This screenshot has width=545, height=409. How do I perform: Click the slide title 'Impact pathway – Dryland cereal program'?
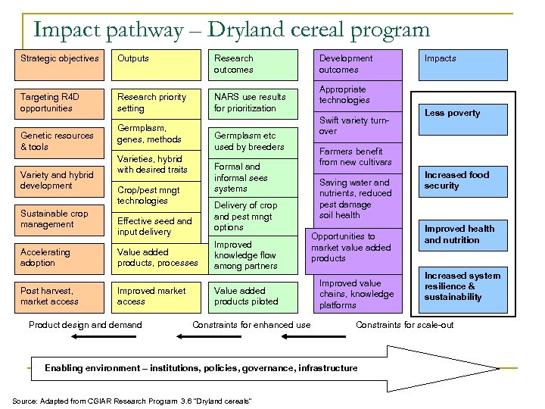coord(232,30)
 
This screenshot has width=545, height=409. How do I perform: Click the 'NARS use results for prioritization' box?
coord(253,103)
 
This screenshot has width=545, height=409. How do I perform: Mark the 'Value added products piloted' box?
coord(253,296)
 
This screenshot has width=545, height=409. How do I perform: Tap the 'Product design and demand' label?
coord(85,325)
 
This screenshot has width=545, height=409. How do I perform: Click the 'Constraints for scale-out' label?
coord(404,325)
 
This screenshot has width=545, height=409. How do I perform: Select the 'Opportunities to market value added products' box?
coord(351,248)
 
